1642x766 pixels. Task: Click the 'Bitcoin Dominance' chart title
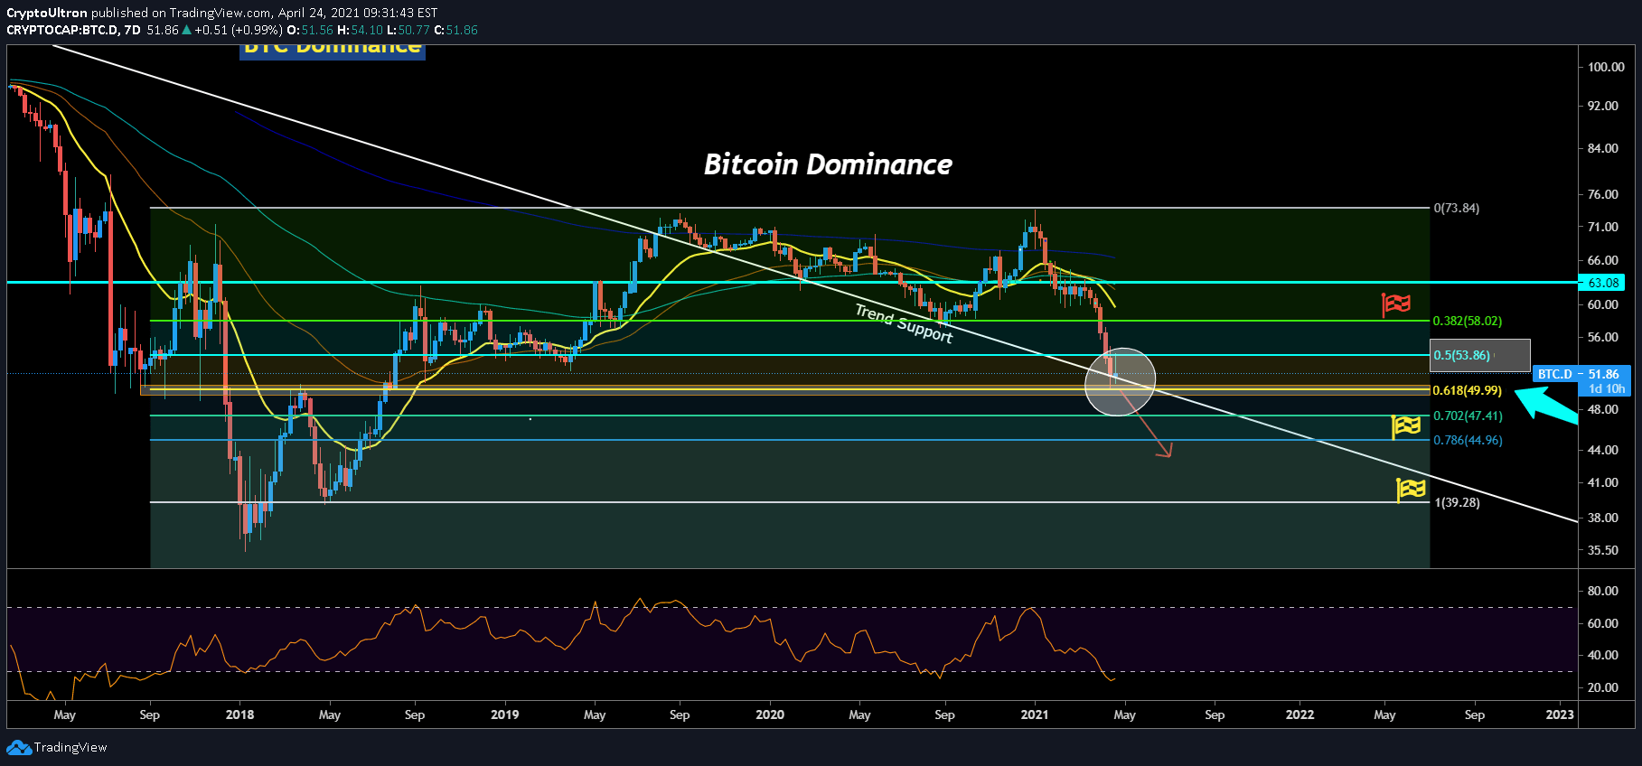(828, 164)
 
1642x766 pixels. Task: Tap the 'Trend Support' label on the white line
(904, 323)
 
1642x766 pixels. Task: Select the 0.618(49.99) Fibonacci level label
(1467, 390)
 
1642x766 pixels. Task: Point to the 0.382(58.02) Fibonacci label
(1467, 321)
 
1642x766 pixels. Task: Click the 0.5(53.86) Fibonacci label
(1461, 355)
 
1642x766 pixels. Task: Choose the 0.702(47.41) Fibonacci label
(1468, 416)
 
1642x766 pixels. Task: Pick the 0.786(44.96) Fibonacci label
(1468, 440)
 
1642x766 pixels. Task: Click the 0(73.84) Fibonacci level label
(1456, 208)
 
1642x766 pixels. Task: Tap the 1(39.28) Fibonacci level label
(1457, 502)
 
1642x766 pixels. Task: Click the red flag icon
(1396, 304)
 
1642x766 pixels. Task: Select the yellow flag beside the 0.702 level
(1406, 425)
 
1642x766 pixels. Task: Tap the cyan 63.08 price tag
(1603, 283)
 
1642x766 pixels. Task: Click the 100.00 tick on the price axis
(1605, 67)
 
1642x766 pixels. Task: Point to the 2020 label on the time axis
(770, 715)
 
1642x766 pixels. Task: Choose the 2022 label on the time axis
(1300, 715)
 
